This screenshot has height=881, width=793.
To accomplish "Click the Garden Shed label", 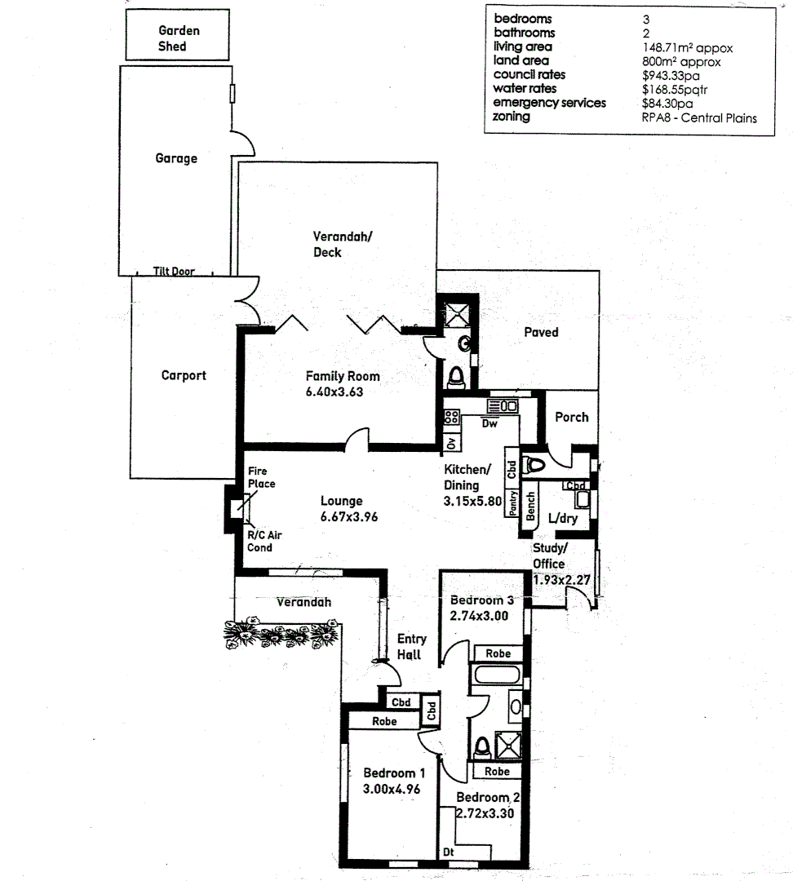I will (x=178, y=38).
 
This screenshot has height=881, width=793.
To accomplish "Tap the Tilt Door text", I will (x=174, y=272).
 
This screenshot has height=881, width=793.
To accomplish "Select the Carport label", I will (x=184, y=376).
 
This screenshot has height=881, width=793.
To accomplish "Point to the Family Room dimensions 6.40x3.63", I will (x=329, y=392).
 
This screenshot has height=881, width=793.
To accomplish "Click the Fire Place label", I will (x=262, y=478).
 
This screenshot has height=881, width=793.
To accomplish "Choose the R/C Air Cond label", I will (x=264, y=541).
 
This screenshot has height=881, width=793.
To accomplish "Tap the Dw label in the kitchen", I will (x=490, y=425).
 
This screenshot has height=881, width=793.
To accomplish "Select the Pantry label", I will (x=513, y=502).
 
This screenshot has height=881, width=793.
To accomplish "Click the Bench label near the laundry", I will (x=530, y=506).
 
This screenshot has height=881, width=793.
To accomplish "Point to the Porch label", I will (x=571, y=417).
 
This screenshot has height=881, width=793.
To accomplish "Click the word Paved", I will (x=541, y=332).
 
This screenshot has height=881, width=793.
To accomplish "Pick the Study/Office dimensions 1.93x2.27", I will (x=560, y=580).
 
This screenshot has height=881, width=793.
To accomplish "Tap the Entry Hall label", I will (x=409, y=647).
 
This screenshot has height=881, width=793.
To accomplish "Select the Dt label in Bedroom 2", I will (x=449, y=852).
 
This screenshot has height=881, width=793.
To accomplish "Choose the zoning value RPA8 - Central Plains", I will (x=698, y=117).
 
